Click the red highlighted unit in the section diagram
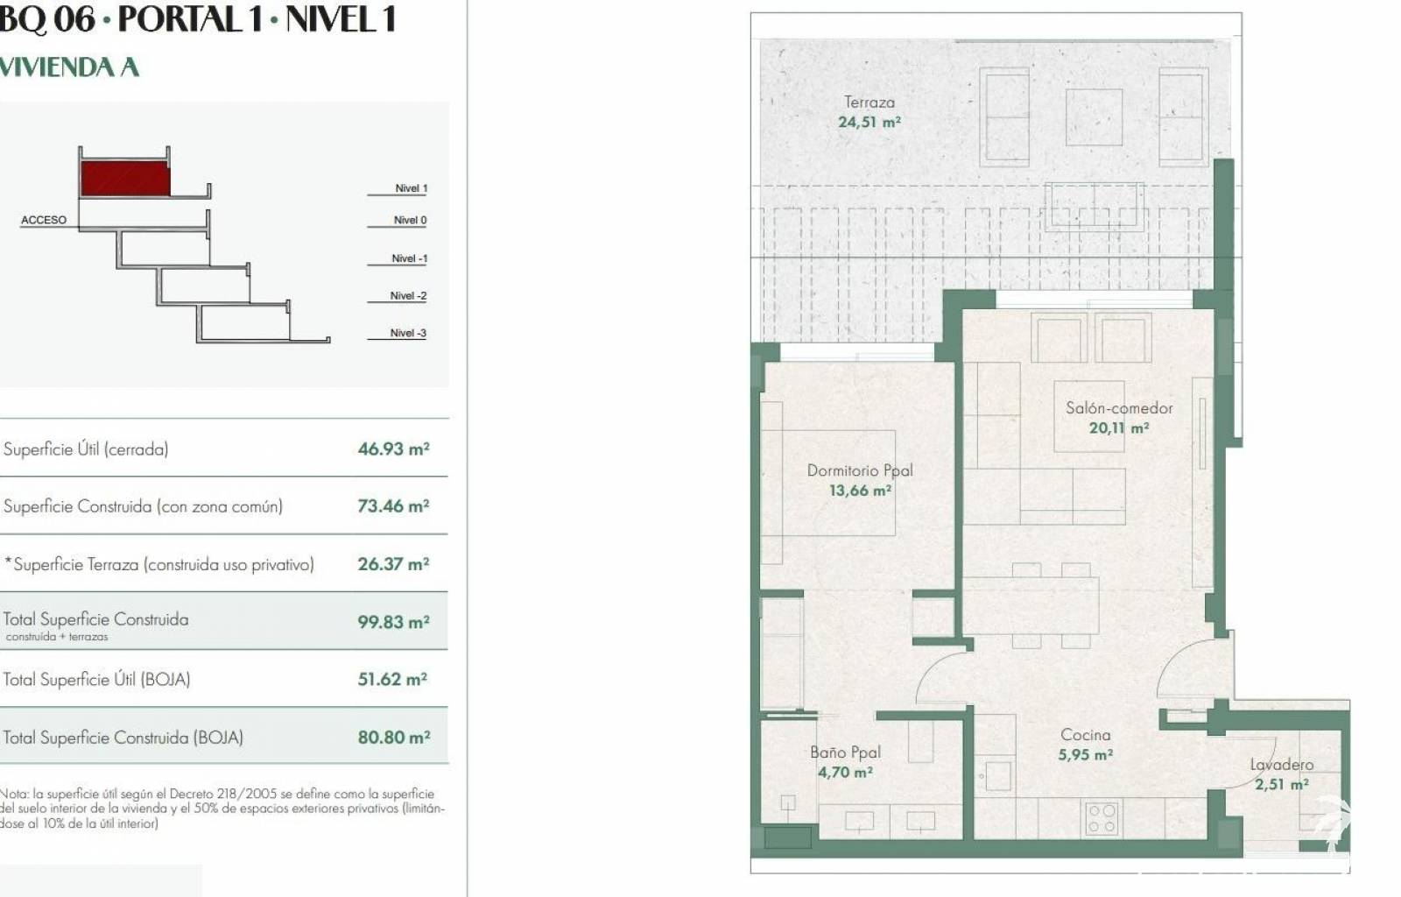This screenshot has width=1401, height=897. click(x=126, y=179)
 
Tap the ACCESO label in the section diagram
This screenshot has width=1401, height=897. click(x=44, y=220)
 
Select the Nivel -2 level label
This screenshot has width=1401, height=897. click(x=408, y=296)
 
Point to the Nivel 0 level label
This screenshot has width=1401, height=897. click(x=411, y=220)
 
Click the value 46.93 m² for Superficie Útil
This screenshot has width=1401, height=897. click(x=393, y=449)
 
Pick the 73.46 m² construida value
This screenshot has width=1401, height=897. click(x=393, y=506)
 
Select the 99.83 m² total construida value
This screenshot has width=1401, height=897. click(x=393, y=623)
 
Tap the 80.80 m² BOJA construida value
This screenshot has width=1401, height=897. click(x=394, y=738)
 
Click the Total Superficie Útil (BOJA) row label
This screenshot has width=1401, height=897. click(x=97, y=679)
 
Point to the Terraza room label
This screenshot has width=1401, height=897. click(x=869, y=102)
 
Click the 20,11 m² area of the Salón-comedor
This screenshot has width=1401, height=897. click(x=1119, y=427)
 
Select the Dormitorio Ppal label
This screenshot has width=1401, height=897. click(x=860, y=470)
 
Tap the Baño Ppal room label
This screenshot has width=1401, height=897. click(x=845, y=752)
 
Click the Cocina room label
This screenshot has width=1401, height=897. click(x=1086, y=735)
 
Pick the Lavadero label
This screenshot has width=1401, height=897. click(x=1282, y=765)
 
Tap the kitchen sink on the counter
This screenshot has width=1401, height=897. click(x=997, y=775)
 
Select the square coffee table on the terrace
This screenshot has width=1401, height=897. click(x=1094, y=117)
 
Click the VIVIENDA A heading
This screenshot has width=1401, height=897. click(x=69, y=67)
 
